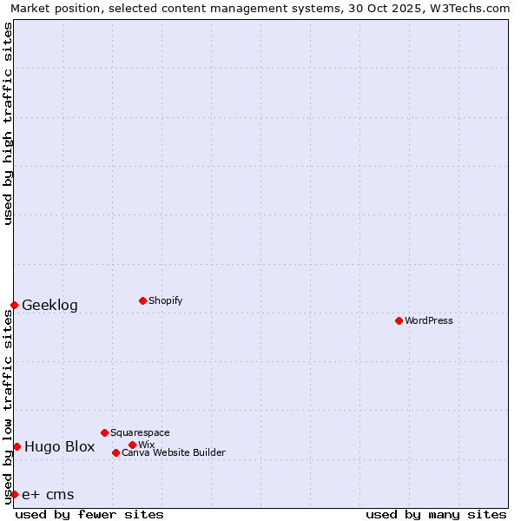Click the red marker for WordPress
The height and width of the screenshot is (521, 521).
click(x=399, y=320)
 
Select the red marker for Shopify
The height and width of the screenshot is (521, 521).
click(x=142, y=300)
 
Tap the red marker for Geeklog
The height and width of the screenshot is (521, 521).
click(x=15, y=305)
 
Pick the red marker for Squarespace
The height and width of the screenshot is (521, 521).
click(x=104, y=432)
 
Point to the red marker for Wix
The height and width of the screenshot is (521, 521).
click(x=132, y=445)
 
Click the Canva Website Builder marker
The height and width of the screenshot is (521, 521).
click(x=115, y=452)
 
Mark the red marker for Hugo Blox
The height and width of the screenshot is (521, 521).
click(x=16, y=446)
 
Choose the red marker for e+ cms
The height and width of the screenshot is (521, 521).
click(x=15, y=494)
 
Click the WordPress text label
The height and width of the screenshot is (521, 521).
click(x=429, y=320)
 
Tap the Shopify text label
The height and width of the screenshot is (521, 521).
click(x=165, y=300)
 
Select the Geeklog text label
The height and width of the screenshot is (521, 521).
click(x=49, y=305)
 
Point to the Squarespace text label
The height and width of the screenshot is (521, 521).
click(x=140, y=432)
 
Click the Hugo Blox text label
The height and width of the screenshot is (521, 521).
click(x=59, y=446)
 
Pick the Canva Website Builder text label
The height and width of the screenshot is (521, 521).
click(x=174, y=452)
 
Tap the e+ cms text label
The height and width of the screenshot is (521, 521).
click(x=48, y=494)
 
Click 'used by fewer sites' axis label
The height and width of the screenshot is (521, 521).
click(x=89, y=514)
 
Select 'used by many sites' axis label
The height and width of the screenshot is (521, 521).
click(x=436, y=514)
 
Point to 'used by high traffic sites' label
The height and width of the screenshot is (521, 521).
click(x=8, y=123)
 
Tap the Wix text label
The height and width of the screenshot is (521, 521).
click(x=147, y=445)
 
